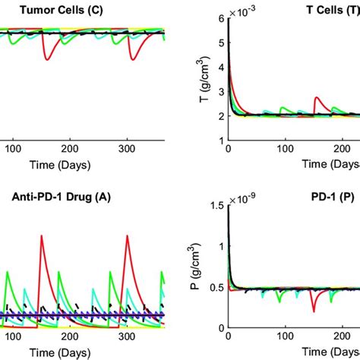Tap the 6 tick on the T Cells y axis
point(220,19)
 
